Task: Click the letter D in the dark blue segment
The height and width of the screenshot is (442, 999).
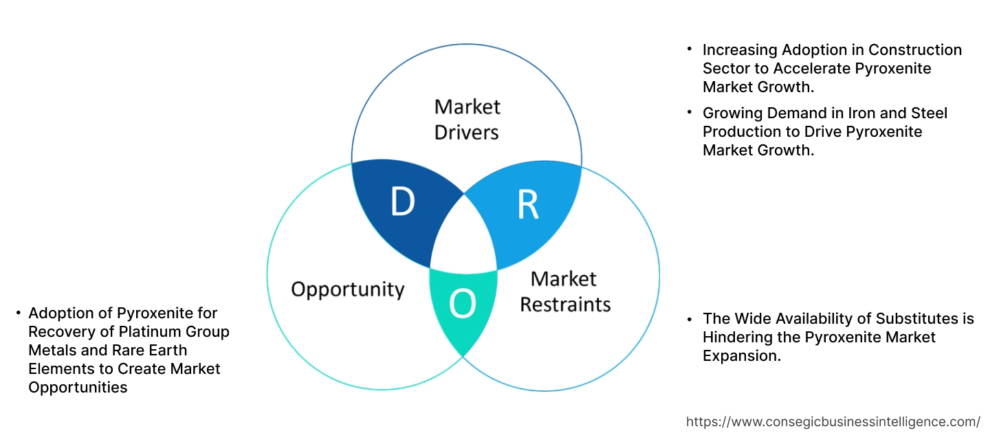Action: tap(403, 201)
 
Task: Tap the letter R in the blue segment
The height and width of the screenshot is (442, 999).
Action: tap(527, 203)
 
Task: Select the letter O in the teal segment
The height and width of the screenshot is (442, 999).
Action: tap(463, 303)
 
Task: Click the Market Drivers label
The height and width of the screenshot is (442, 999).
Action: tap(467, 119)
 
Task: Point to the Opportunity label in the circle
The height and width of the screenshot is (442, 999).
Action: tap(347, 289)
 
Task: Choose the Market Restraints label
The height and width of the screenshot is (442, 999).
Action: tap(565, 291)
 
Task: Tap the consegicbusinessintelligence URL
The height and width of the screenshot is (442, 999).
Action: tap(833, 421)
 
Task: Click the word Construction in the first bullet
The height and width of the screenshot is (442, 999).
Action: tap(914, 50)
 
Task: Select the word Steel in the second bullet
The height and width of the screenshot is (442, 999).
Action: tap(927, 113)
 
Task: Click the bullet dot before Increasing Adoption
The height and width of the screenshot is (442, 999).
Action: tap(690, 49)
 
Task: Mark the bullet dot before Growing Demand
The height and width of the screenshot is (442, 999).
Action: tap(690, 112)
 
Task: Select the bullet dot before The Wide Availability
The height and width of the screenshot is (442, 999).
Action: tap(690, 318)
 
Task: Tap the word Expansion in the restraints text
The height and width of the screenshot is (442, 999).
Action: tap(741, 356)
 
